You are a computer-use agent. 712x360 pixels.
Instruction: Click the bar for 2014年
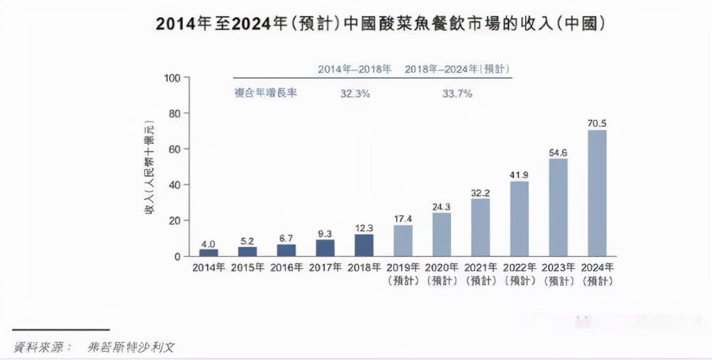pos(209,252)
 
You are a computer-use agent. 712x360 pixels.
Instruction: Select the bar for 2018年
pos(364,245)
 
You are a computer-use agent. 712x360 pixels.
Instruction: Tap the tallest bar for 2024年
pos(597,193)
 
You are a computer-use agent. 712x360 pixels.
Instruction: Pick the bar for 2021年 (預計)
pos(480,227)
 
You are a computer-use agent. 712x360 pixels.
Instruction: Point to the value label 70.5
pos(597,123)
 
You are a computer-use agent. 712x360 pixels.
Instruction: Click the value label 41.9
pos(519,174)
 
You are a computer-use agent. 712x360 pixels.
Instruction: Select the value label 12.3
pos(364,227)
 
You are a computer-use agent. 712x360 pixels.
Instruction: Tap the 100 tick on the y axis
pos(174,78)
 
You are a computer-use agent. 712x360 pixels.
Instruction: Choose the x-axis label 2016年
pos(286,267)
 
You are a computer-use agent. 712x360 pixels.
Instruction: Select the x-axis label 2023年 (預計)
pos(558,274)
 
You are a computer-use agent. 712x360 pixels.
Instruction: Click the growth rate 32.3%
pos(355,94)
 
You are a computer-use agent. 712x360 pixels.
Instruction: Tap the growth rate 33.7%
pos(457,94)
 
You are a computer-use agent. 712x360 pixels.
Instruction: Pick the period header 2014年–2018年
pos(355,69)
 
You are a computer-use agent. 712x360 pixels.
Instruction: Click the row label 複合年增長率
pos(265,93)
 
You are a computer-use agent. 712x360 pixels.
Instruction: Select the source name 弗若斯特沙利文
pos(131,347)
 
